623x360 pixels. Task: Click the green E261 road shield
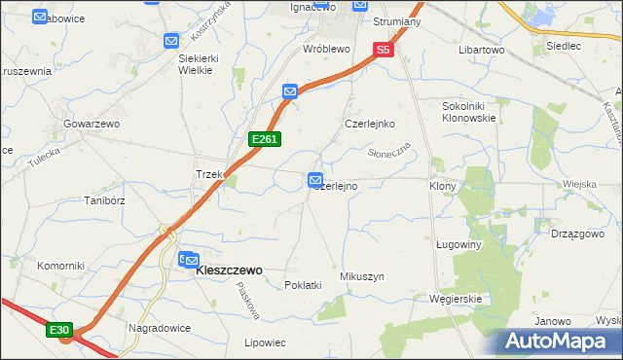coord(265,140)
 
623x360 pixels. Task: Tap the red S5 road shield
coord(384,49)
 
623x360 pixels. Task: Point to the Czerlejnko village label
coord(369,124)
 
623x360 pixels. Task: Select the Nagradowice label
coord(158,328)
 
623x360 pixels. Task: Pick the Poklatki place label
coord(303,285)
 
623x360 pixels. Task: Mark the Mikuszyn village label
coord(362,277)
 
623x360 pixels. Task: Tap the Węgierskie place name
coord(456,299)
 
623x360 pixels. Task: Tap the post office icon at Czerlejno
coord(315,180)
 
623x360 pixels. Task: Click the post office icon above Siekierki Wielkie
coord(171,41)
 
